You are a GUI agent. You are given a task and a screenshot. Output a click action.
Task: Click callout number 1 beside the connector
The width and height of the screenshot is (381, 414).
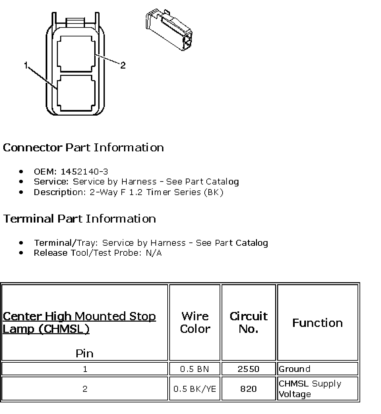tap(26, 65)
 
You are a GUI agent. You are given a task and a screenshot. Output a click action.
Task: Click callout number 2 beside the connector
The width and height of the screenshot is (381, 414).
tap(123, 65)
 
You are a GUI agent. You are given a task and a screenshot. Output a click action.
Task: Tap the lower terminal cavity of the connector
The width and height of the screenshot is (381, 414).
tap(76, 92)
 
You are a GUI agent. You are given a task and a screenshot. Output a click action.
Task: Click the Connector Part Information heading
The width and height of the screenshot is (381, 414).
tap(83, 147)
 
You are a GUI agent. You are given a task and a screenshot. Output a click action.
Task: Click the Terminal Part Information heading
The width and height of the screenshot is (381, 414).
tap(79, 219)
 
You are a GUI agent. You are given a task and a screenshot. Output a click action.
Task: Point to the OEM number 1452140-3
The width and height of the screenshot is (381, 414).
tap(84, 172)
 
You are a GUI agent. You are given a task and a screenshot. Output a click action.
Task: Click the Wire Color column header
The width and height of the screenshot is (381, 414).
tap(195, 322)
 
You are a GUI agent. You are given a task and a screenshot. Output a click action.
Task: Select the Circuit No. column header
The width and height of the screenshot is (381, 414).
tap(248, 322)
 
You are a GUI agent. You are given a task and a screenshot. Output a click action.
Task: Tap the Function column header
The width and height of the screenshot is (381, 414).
tap(317, 323)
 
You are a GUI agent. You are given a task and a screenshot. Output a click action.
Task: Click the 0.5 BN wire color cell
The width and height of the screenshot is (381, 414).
tap(194, 369)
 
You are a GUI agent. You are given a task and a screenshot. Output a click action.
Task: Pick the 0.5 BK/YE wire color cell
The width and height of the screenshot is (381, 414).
tap(195, 388)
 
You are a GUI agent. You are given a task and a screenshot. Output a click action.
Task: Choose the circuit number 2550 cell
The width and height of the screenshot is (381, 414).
tap(248, 369)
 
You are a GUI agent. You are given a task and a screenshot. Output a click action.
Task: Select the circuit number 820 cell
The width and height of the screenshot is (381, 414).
tap(248, 388)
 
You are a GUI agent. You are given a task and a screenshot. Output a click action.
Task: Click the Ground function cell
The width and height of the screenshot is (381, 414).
tap(295, 369)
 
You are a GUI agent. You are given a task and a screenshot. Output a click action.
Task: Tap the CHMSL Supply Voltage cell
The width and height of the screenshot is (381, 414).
tap(310, 388)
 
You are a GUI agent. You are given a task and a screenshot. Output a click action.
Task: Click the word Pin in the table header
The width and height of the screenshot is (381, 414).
tap(85, 353)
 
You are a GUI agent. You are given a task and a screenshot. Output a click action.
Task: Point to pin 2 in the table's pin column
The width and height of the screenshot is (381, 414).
tap(85, 388)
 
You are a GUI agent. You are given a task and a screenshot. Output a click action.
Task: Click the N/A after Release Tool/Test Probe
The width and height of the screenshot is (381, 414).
tap(154, 253)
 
